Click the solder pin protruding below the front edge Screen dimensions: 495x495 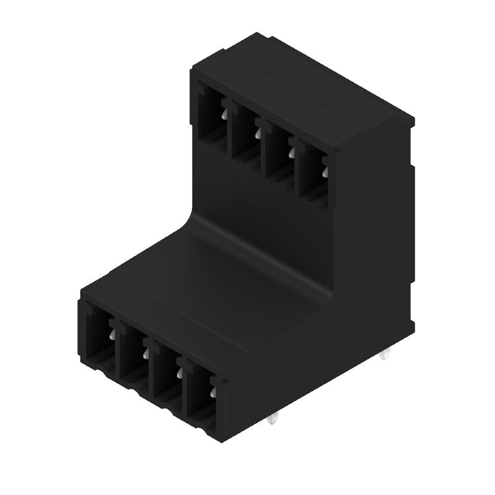tap(273, 421)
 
